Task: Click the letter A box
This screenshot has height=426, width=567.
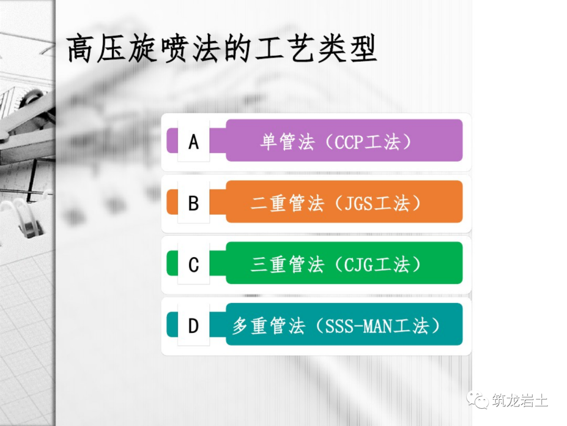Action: pyautogui.click(x=194, y=141)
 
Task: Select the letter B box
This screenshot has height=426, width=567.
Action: pyautogui.click(x=194, y=202)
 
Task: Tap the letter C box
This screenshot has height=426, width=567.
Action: pyautogui.click(x=194, y=264)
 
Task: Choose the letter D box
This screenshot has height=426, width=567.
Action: pyautogui.click(x=194, y=326)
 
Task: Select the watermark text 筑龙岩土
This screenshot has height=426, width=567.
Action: pyautogui.click(x=520, y=401)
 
